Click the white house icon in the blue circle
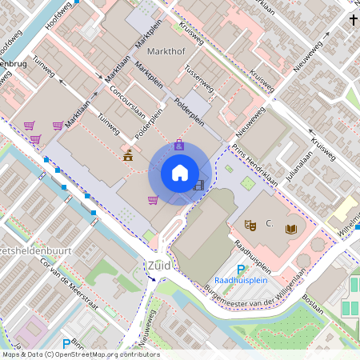(180, 173)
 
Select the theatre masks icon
(250, 226)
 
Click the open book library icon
(291, 230)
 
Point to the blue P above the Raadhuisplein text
(241, 270)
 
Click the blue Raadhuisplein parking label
(240, 281)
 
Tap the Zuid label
(158, 265)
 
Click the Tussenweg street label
(199, 78)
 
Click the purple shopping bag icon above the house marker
(179, 145)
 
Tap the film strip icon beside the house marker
(198, 186)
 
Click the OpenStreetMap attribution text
(80, 354)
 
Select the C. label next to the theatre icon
(269, 224)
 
